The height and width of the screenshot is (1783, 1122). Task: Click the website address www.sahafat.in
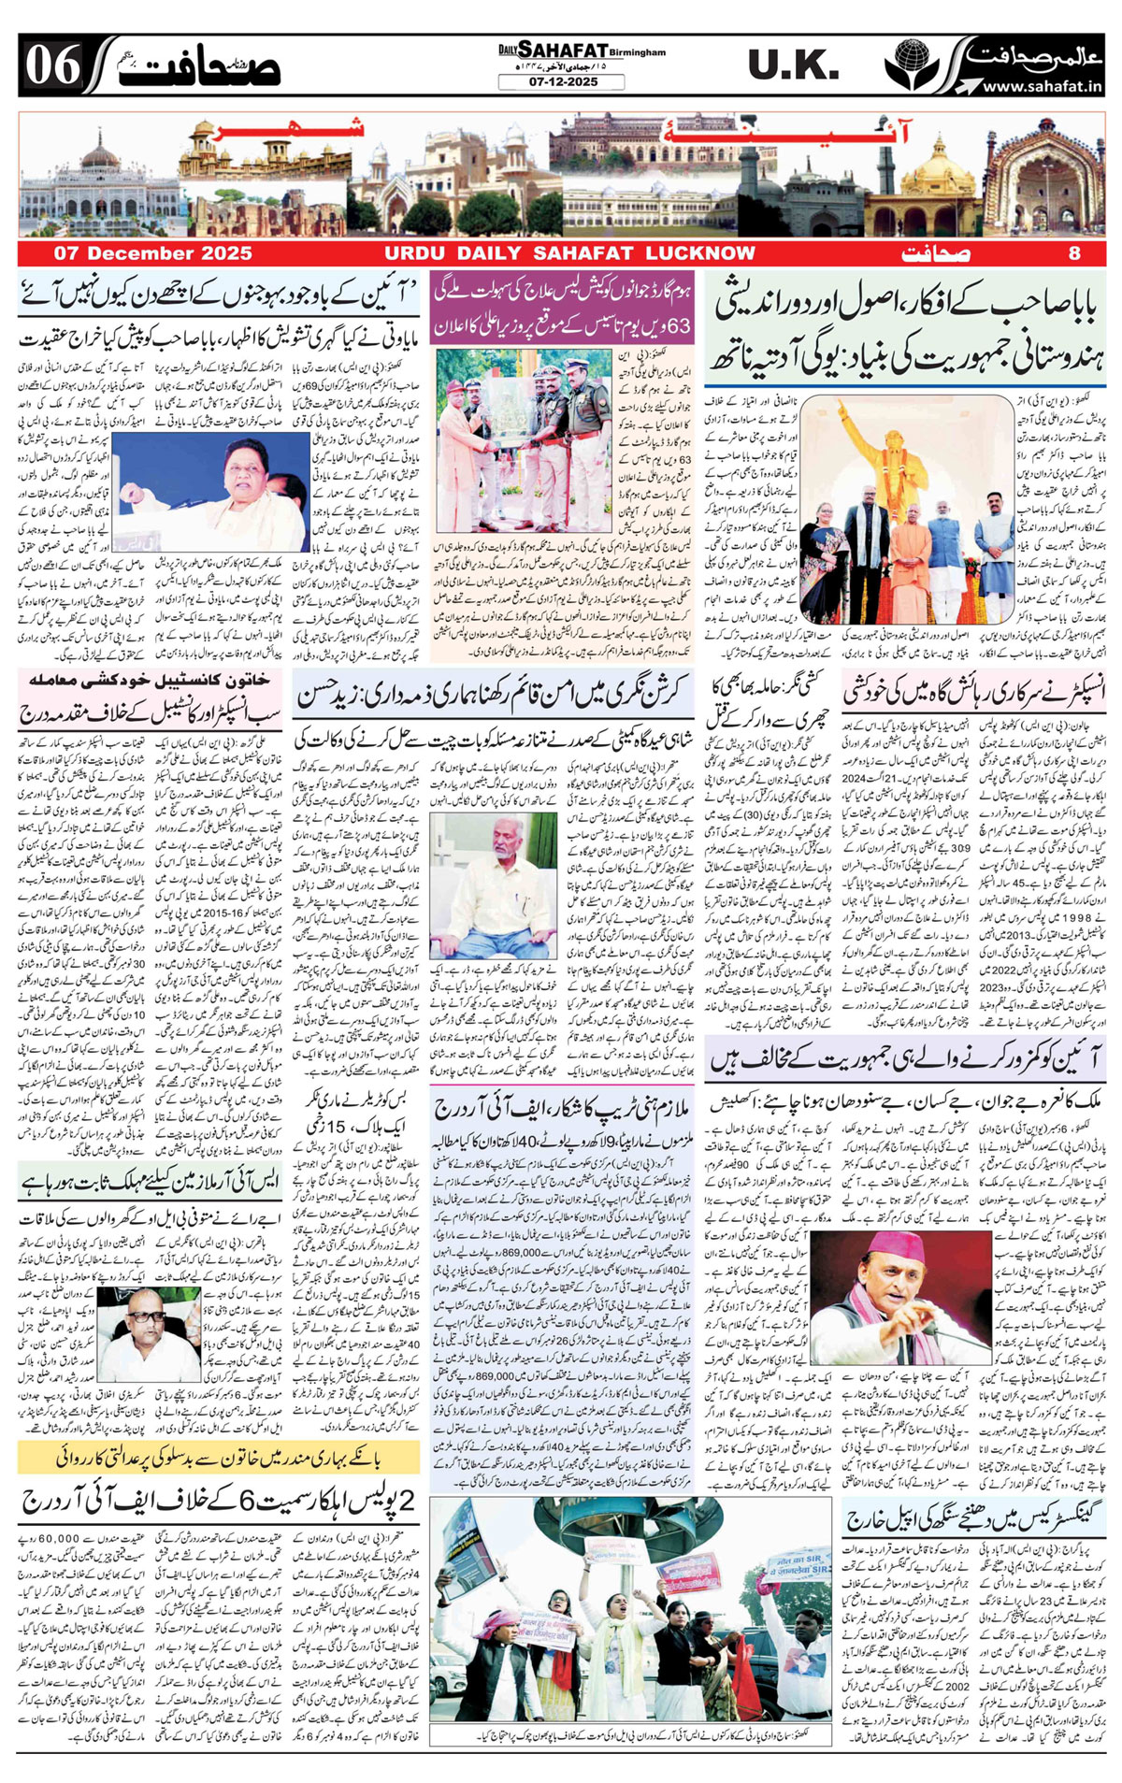coord(1042,86)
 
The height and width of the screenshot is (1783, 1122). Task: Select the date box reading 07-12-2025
coord(561,82)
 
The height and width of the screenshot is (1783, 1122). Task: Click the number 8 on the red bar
coord(1074,253)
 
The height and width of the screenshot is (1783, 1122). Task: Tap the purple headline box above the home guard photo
coord(562,308)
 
